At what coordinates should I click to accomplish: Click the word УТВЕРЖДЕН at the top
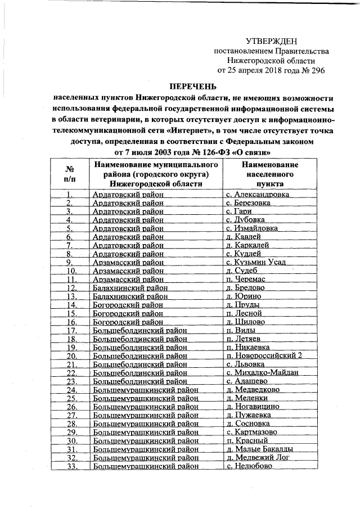click(x=271, y=41)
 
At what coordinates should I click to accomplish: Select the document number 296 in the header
click(x=316, y=71)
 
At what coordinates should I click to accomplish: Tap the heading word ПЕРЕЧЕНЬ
click(x=193, y=85)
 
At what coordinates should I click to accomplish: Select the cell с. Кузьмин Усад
click(x=256, y=262)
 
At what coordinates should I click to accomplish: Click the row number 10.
click(x=71, y=271)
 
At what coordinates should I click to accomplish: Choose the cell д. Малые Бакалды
click(x=259, y=448)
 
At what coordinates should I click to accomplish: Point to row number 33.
click(x=71, y=466)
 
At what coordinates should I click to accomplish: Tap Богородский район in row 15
click(x=128, y=313)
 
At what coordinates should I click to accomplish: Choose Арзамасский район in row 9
click(x=128, y=262)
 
